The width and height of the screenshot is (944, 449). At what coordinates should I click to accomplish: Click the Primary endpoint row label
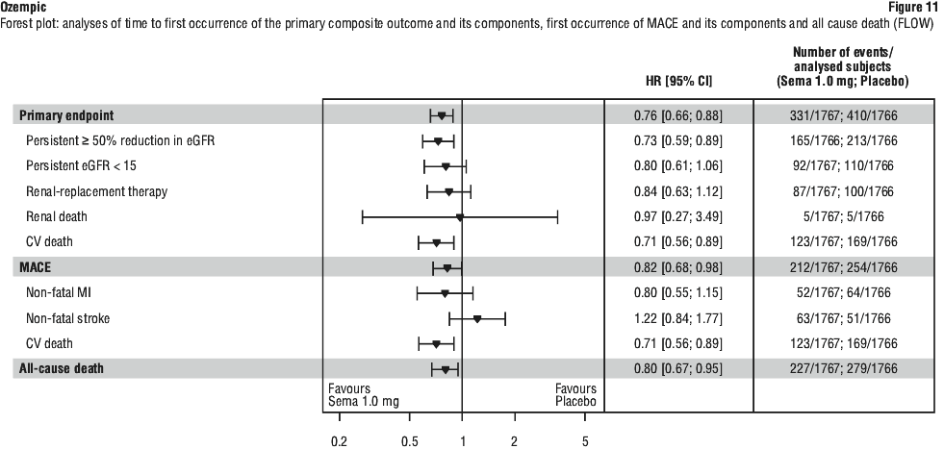pyautogui.click(x=63, y=116)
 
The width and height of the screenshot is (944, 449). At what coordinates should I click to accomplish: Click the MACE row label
pyautogui.click(x=36, y=267)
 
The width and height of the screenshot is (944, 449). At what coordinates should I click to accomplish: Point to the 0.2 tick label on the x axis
pyautogui.click(x=339, y=441)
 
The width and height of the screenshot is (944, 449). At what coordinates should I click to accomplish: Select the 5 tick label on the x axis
pyautogui.click(x=585, y=441)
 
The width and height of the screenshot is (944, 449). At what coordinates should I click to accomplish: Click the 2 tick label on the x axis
pyautogui.click(x=514, y=441)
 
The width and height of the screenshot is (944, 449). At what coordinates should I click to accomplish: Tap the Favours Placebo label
pyautogui.click(x=575, y=395)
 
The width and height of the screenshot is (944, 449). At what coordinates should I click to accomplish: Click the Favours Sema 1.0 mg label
pyautogui.click(x=364, y=395)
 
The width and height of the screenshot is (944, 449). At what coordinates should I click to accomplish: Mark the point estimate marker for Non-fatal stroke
pyautogui.click(x=477, y=317)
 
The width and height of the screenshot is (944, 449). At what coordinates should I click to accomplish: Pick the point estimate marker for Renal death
pyautogui.click(x=460, y=217)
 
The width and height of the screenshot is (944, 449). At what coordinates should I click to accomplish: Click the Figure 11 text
pyautogui.click(x=915, y=6)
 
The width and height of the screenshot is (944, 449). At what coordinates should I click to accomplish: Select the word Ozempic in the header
pyautogui.click(x=21, y=6)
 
